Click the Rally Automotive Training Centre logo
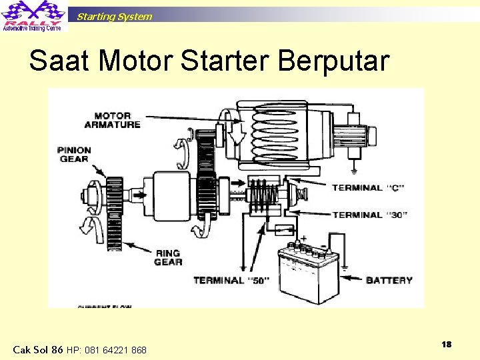[x=33, y=16]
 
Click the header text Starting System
[x=114, y=17]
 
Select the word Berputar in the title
[x=333, y=61]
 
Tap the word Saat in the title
[x=60, y=61]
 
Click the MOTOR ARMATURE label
[x=113, y=120]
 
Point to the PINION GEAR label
[x=74, y=155]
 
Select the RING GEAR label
[x=168, y=257]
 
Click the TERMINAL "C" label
[x=369, y=188]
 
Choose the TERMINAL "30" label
[x=369, y=215]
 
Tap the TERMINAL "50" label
[x=231, y=281]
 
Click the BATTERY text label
[x=389, y=281]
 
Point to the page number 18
[x=447, y=344]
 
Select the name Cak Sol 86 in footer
[x=38, y=350]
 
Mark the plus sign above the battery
[x=304, y=239]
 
